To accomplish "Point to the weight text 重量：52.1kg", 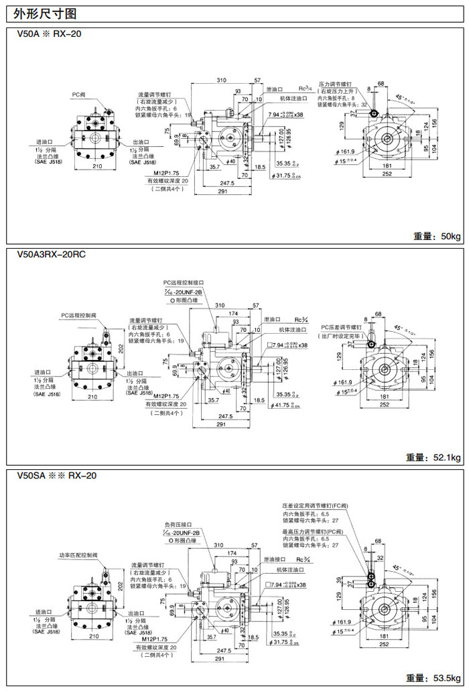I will (433, 458).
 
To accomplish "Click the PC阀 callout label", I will (79, 94).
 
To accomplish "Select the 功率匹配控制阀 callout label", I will (78, 556).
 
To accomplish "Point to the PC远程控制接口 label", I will (183, 283).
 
